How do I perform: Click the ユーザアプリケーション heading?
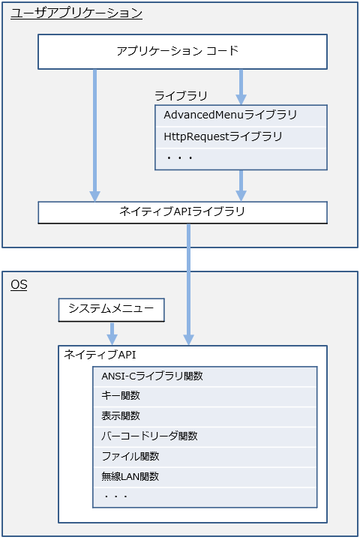tap(76, 13)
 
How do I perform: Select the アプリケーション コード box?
tap(182, 52)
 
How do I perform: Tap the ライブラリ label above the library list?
tap(181, 95)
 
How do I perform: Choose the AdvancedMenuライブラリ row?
tap(241, 115)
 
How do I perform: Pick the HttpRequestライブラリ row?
tap(241, 137)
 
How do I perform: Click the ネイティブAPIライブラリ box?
tap(182, 212)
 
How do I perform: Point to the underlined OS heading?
tap(19, 285)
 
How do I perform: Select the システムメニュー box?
tap(111, 310)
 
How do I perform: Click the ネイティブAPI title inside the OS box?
tap(100, 354)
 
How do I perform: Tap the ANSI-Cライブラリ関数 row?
tap(205, 376)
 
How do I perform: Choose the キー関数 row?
tap(205, 397)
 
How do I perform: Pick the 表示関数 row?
tap(205, 417)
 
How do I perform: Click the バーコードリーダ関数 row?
tap(205, 436)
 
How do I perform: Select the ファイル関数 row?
tap(205, 457)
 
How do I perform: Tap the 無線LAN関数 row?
tap(205, 477)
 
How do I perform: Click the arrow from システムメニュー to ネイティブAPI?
tap(112, 333)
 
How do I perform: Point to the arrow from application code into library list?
tap(241, 87)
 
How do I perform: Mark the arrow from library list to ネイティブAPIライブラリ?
tap(241, 186)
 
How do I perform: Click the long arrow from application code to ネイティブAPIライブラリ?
tap(94, 135)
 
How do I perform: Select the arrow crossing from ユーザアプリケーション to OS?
tap(188, 284)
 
